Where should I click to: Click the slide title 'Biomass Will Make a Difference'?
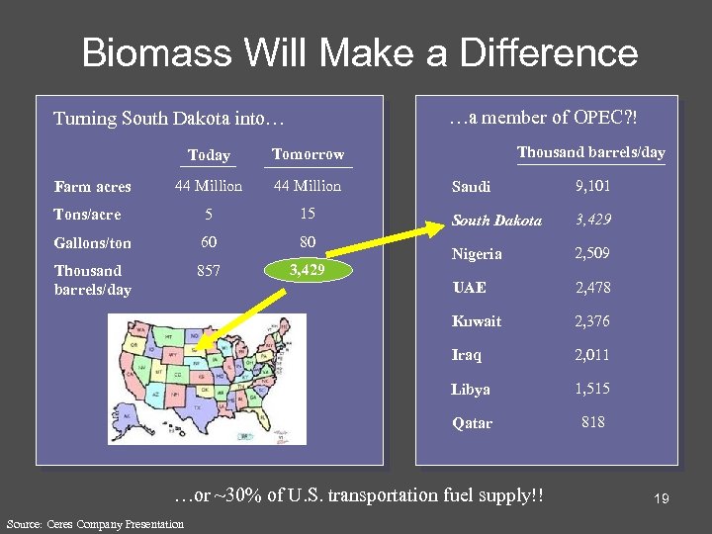point(360,52)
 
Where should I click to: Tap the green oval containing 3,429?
point(308,270)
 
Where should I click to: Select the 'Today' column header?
point(209,155)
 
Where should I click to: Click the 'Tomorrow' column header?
point(308,154)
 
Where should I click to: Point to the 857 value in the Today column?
point(209,270)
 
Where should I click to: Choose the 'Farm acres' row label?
point(93,186)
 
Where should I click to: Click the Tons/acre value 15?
point(308,214)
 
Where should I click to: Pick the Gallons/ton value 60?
point(209,242)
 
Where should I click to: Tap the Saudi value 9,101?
point(592,186)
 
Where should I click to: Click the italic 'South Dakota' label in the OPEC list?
point(496,221)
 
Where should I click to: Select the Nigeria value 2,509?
point(592,253)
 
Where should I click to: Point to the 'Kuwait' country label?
point(477,321)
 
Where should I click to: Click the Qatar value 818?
point(592,422)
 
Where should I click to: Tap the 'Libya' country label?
point(471,389)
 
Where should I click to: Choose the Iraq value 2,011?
point(592,355)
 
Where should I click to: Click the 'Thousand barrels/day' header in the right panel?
point(591,152)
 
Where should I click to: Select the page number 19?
point(661,499)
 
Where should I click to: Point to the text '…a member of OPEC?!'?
point(543,118)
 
